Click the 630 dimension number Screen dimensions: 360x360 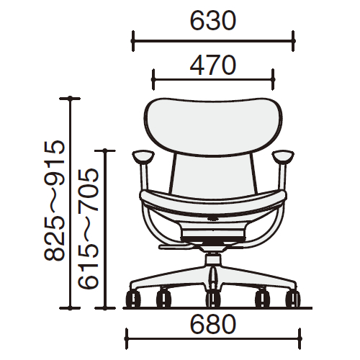(x=213, y=21)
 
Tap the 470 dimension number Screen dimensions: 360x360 (x=213, y=65)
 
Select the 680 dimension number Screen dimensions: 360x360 (x=213, y=324)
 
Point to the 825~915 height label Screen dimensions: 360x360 (x=55, y=200)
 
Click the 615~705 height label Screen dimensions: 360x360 (x=88, y=228)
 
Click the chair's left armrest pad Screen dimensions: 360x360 (x=143, y=156)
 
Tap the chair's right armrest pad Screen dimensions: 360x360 (x=283, y=156)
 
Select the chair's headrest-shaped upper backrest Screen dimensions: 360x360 (x=213, y=127)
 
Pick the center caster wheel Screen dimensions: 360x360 (x=213, y=299)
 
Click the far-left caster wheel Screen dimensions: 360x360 (x=133, y=299)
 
